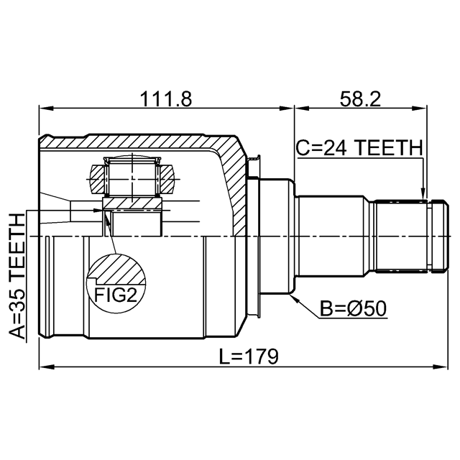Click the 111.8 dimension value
[166, 99]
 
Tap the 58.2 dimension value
[360, 99]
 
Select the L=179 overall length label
[249, 356]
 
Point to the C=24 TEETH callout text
[359, 147]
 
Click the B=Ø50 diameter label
[353, 308]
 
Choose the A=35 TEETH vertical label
[17, 276]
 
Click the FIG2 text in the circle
[116, 295]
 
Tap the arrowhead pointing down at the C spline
[423, 194]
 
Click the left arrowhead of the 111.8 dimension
[46, 109]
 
